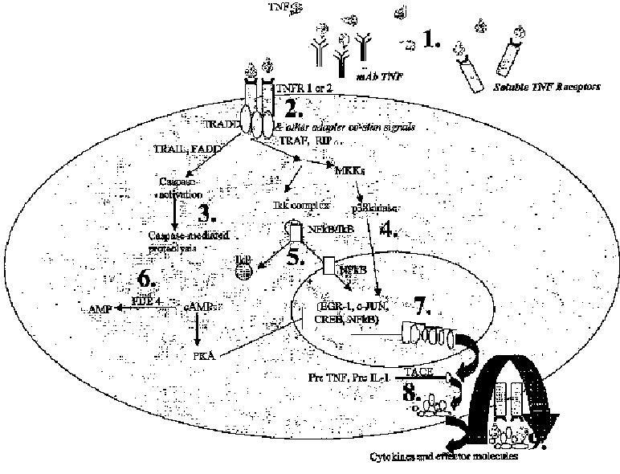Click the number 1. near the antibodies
[430, 41]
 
